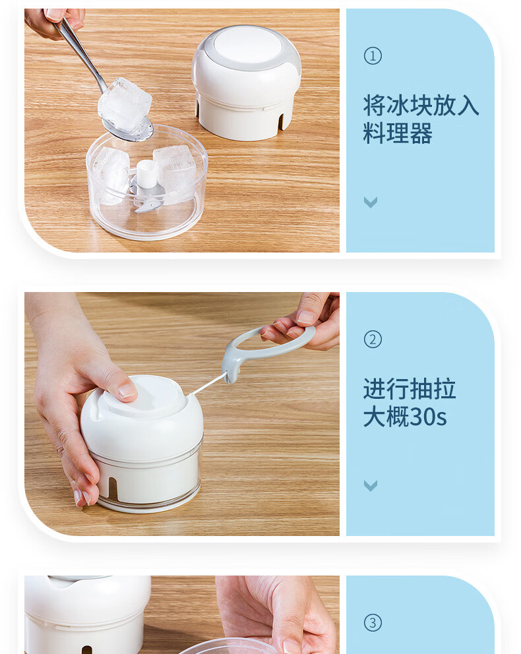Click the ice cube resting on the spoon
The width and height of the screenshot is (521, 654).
coord(125,104)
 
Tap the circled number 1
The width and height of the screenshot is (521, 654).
coord(373,56)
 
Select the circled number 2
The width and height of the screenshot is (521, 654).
coord(373,340)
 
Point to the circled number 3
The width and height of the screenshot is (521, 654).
coord(373,623)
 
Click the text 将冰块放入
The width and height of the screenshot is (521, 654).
coord(421,105)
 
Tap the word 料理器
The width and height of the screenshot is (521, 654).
coord(398,134)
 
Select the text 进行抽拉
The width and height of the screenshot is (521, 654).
coord(409,389)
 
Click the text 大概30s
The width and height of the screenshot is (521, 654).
coord(405,417)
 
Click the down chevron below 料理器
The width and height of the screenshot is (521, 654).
coord(371,202)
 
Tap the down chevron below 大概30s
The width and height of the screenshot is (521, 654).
coord(371,486)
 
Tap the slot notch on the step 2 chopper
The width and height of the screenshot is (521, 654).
coord(111,488)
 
